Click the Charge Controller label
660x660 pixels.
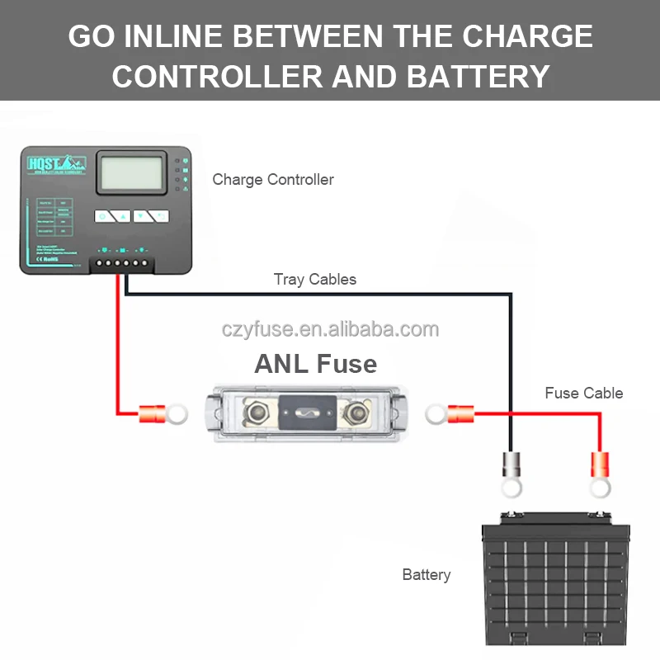(x=273, y=179)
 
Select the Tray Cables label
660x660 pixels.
(x=315, y=280)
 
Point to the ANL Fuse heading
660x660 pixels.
(x=316, y=364)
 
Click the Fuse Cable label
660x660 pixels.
(x=583, y=394)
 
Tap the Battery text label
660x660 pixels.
(x=427, y=574)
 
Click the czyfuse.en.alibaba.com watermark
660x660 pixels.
(x=330, y=329)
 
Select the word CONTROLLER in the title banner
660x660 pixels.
(x=216, y=77)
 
